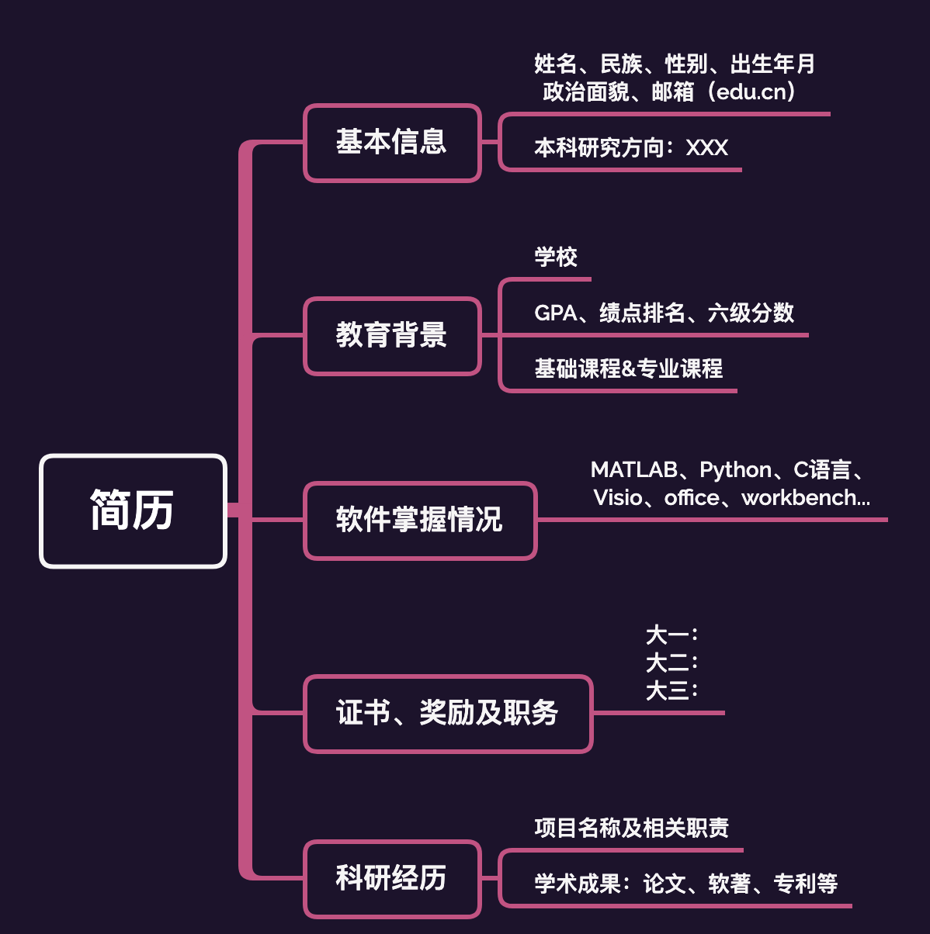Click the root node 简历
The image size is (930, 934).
(133, 510)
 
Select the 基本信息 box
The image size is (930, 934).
(392, 143)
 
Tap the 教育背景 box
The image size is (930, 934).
(392, 336)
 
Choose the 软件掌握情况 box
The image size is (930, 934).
(420, 520)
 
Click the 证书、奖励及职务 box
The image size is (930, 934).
(448, 713)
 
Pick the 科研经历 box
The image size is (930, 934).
(392, 878)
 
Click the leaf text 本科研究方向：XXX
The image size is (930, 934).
(631, 147)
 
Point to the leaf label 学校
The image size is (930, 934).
(556, 257)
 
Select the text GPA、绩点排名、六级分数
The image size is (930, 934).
(665, 313)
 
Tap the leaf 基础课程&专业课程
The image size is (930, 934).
(629, 368)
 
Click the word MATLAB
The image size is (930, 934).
(633, 469)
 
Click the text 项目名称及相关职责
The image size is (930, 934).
(632, 828)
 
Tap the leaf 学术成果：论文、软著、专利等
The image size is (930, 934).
(686, 883)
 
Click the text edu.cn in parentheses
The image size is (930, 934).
(751, 92)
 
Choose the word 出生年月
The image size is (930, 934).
(773, 64)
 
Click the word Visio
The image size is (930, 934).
(618, 497)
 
